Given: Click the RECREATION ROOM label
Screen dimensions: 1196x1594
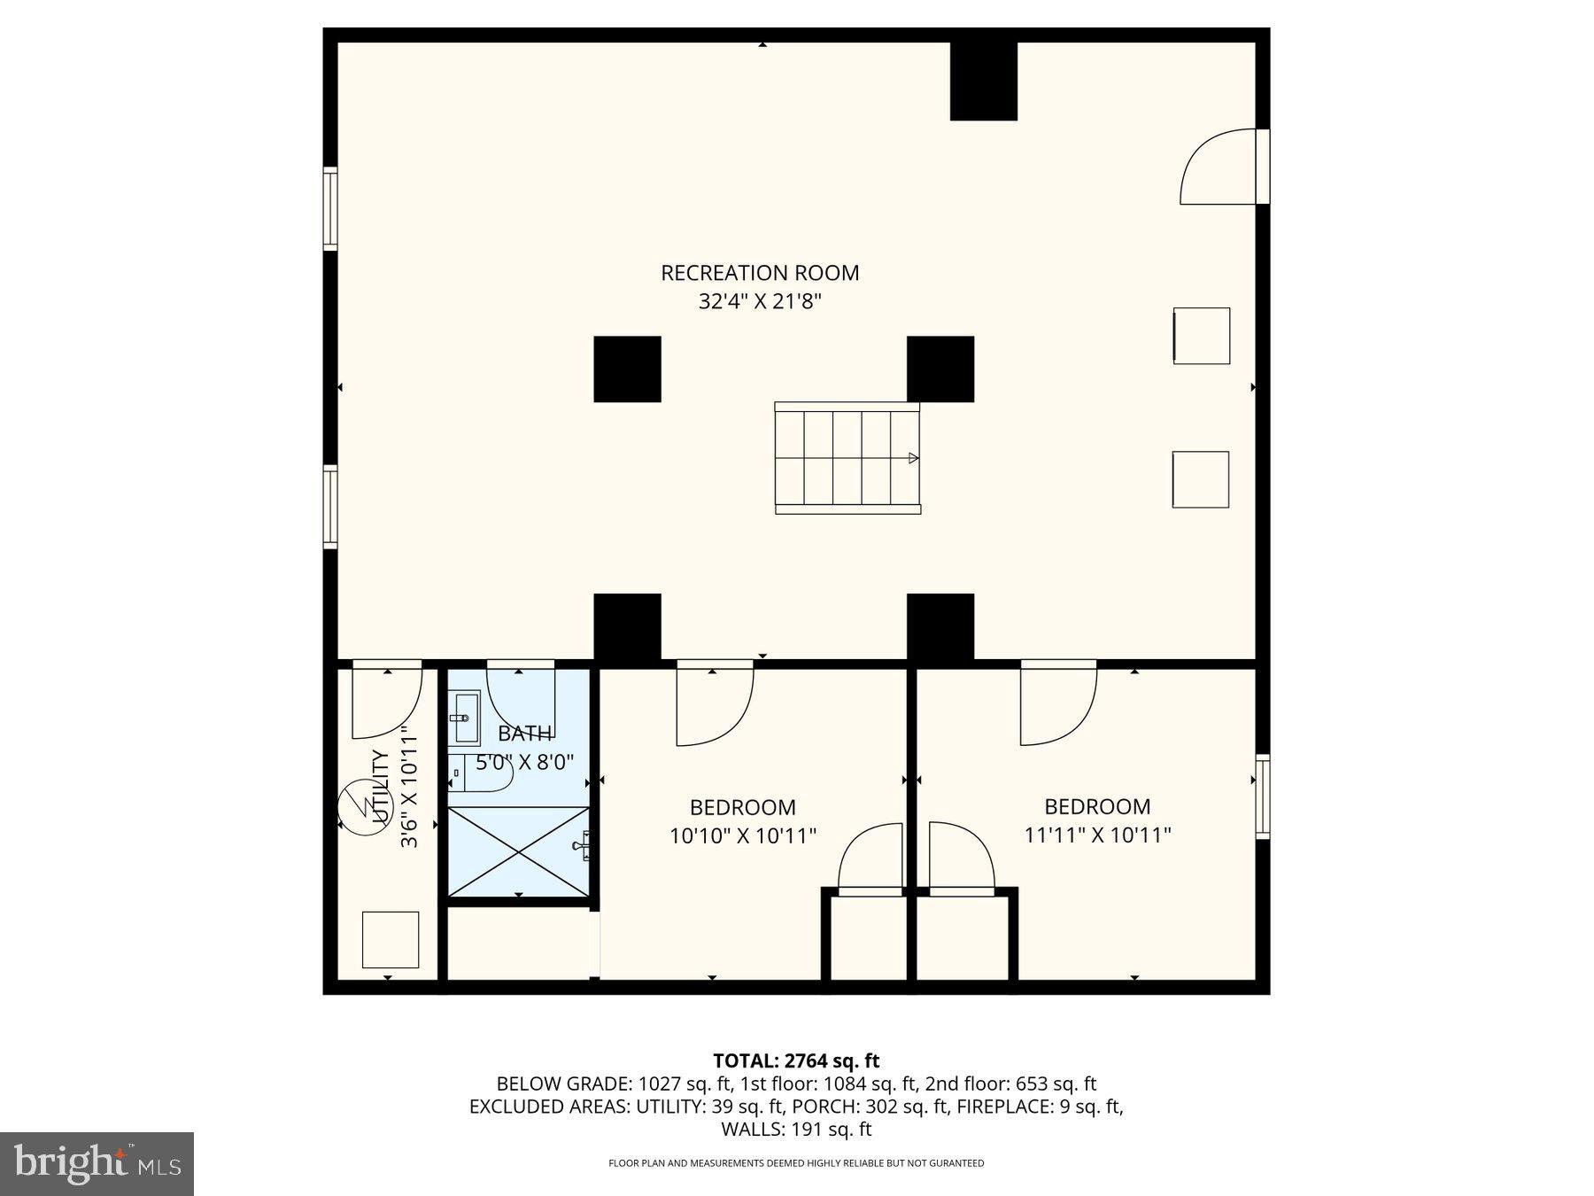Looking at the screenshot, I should pos(760,273).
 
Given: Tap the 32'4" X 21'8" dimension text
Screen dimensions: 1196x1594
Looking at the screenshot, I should pos(760,302).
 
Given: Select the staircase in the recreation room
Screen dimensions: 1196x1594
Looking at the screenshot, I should pos(847,458).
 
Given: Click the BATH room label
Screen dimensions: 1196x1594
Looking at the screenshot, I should pos(524,734).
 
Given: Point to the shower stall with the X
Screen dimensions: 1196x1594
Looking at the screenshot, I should pos(519,851).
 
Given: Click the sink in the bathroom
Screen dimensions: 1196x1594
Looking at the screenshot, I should pos(463,718).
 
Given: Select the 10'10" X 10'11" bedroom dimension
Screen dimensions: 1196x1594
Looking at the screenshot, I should pos(742,835).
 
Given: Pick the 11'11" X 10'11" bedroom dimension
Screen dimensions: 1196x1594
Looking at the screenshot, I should pos(1097,835).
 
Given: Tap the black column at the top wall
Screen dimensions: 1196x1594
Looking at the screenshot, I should pos(983,81).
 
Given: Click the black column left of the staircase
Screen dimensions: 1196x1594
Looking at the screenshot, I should pos(627,369).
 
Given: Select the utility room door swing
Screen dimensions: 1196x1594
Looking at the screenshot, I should pos(387,702).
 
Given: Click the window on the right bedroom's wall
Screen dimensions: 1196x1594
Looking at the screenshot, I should pos(1263,796).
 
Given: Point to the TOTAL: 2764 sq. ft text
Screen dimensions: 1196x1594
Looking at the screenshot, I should pos(796,1060).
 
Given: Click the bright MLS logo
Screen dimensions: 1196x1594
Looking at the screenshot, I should pos(97,1163).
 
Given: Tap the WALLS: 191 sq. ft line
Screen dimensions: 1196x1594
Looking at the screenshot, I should pos(796,1130).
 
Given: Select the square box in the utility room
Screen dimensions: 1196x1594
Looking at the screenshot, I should pos(390,939).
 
